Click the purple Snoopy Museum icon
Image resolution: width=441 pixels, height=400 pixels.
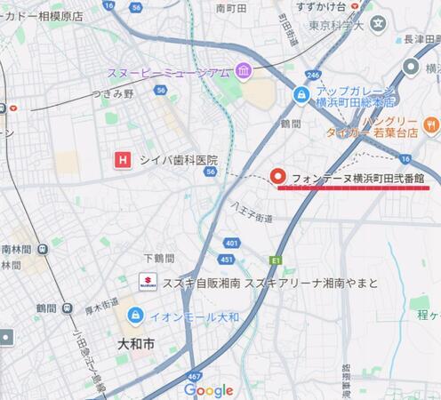point(242,71)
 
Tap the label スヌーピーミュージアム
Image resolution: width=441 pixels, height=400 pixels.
point(169,72)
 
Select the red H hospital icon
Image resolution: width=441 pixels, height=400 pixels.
point(124,160)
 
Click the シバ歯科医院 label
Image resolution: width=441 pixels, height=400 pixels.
point(179,160)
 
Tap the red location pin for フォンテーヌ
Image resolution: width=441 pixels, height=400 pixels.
point(277,176)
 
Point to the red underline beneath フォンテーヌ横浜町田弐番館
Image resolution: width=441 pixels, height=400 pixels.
point(354,188)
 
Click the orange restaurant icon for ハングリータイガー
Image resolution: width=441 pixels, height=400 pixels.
point(432,125)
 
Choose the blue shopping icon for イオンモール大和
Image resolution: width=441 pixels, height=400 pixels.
point(135,315)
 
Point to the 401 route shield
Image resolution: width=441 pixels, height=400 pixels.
point(232,242)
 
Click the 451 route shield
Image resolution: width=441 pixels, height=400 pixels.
point(226,260)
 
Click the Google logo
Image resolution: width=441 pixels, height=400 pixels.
point(209,389)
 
